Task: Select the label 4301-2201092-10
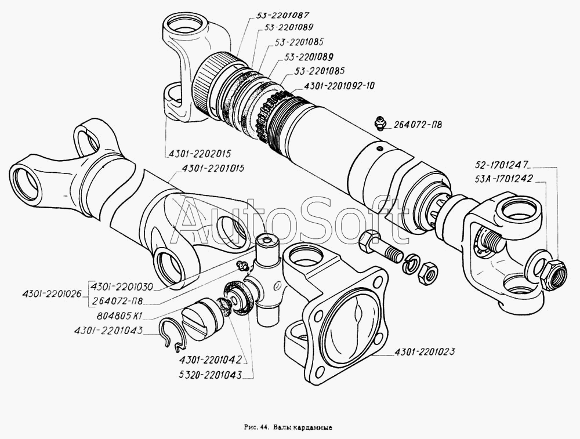339,86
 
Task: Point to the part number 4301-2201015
213,169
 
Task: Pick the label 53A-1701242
503,179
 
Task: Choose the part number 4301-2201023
425,351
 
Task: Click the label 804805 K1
118,315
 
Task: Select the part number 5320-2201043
210,375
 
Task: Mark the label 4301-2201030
121,286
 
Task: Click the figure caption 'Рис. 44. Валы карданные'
288,427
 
